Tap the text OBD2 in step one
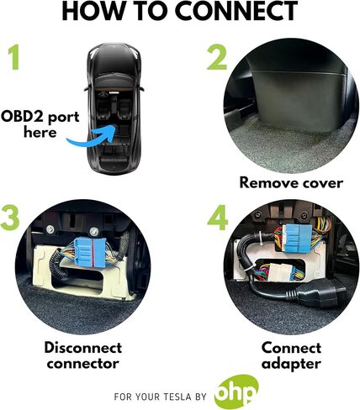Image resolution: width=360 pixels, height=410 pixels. tap(24, 116)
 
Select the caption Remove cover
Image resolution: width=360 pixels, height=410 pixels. tap(291, 183)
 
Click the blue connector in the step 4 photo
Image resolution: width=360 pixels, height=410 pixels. tap(297, 241)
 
